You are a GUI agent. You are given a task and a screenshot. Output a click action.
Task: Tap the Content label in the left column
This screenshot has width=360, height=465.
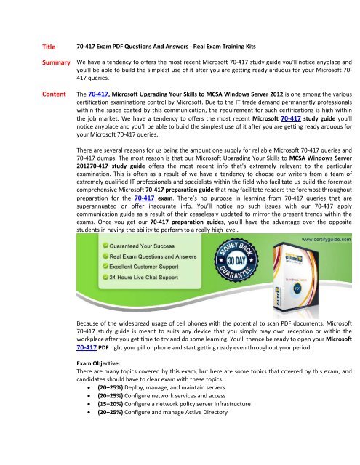pos(50,94)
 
